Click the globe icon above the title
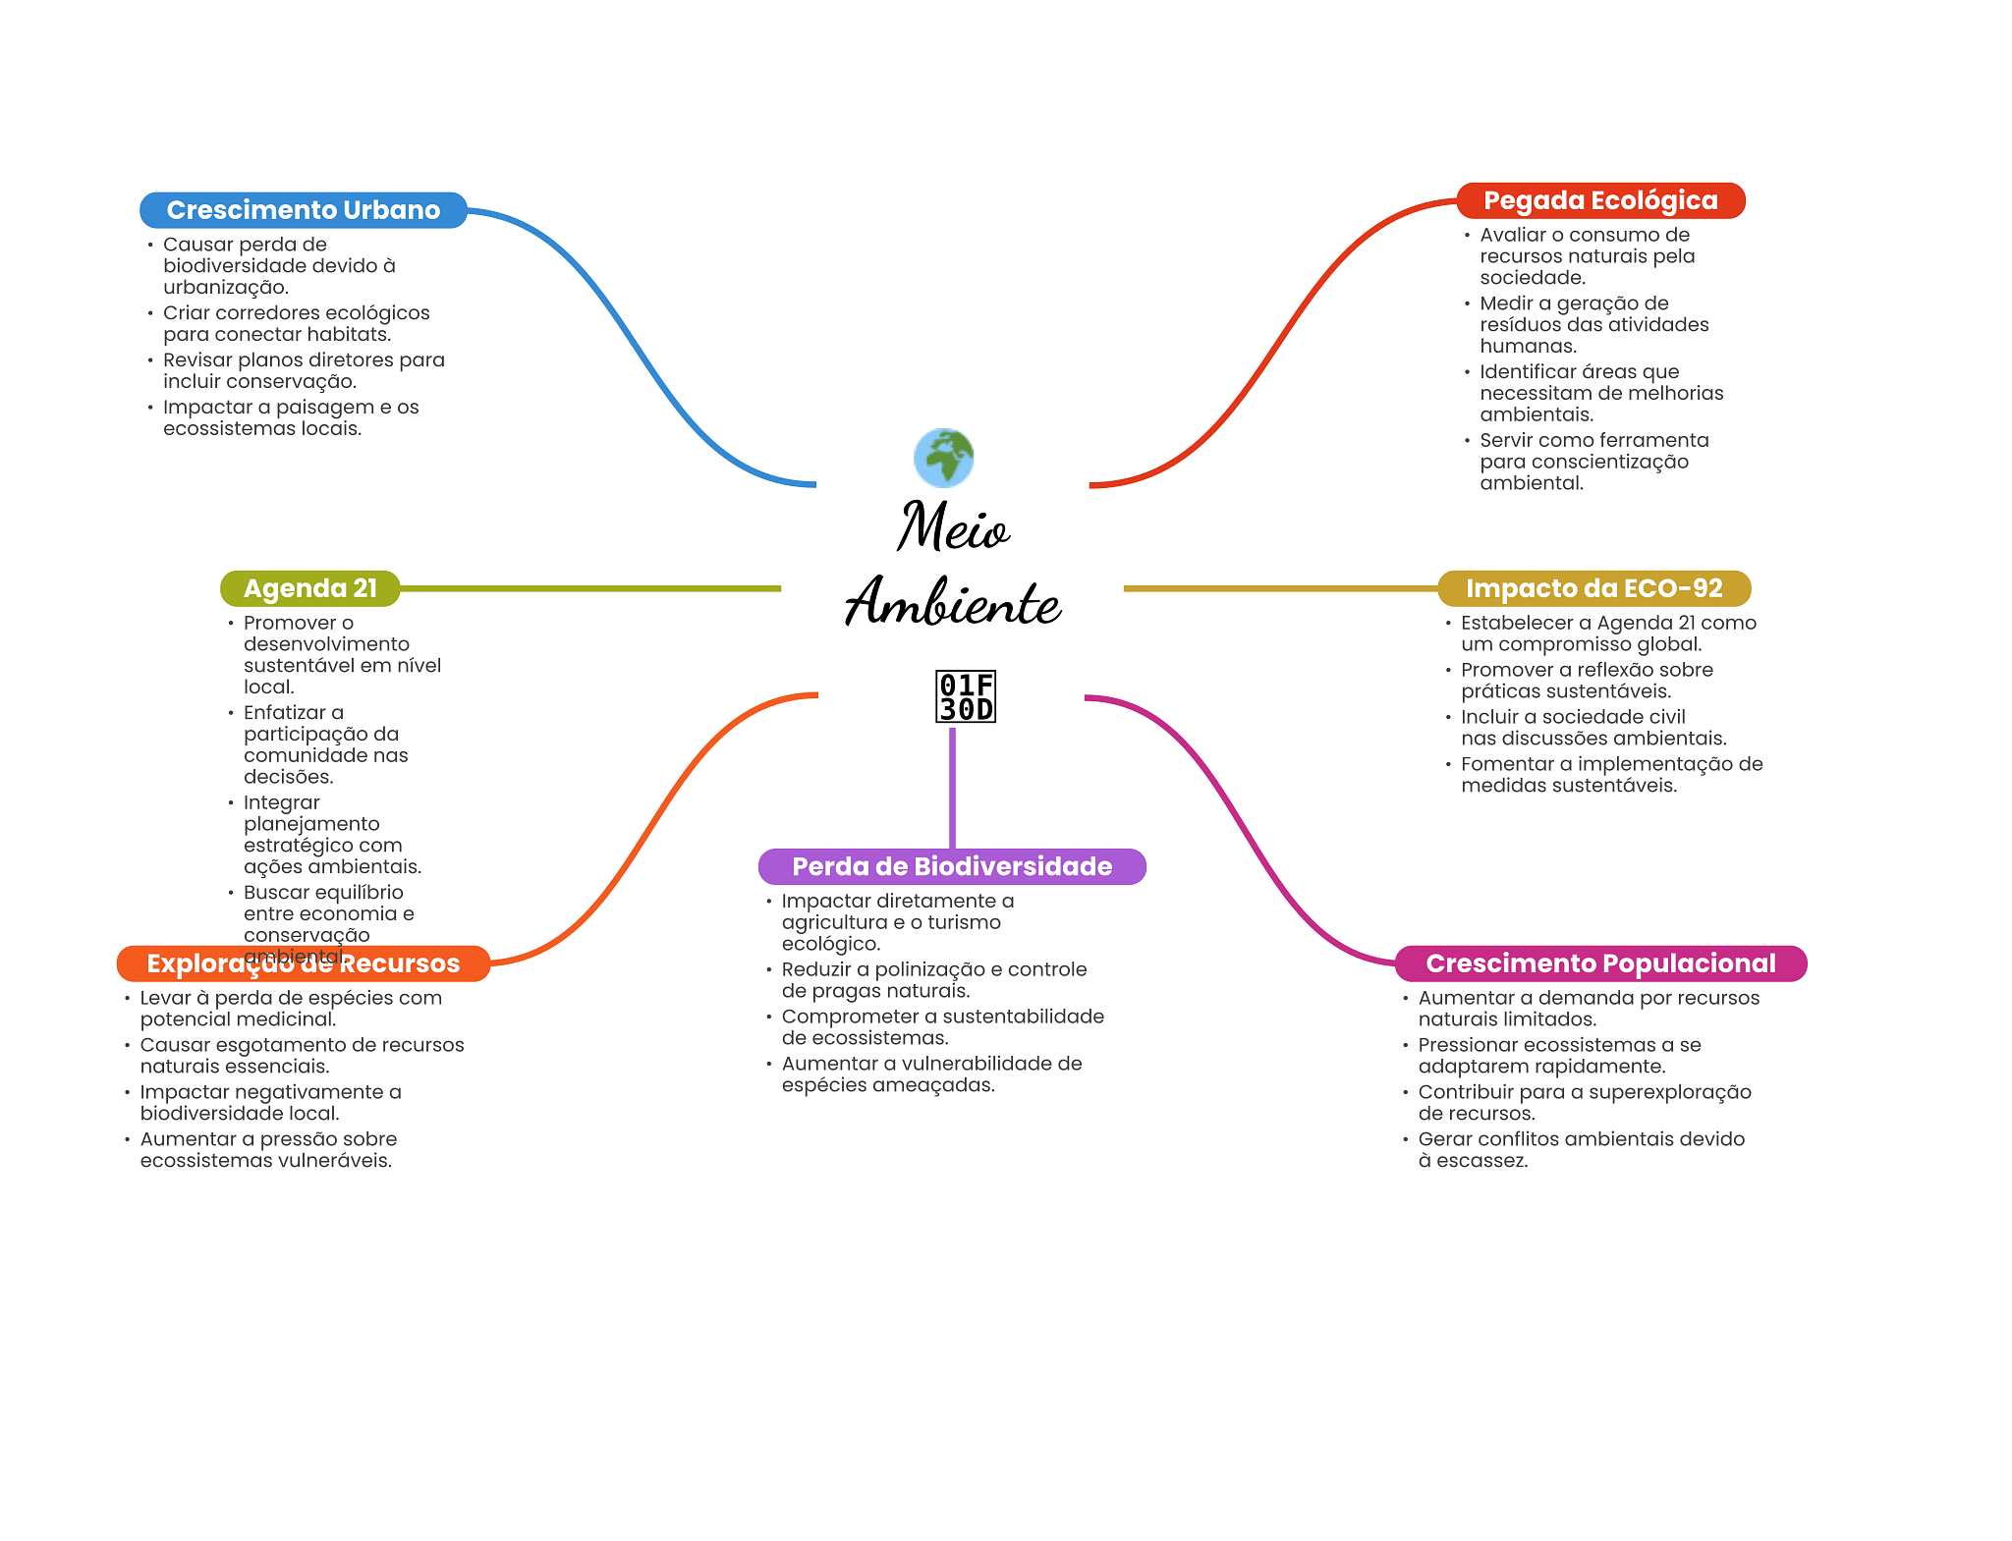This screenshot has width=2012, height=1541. coord(943,458)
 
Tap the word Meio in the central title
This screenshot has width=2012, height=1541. coord(952,527)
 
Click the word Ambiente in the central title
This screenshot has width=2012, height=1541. coord(953,601)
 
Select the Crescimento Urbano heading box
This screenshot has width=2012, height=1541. coord(303,210)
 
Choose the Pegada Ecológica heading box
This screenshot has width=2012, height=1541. coord(1599,200)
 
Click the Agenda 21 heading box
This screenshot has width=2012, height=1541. coord(309,588)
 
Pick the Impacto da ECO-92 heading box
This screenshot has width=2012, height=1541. coord(1593,588)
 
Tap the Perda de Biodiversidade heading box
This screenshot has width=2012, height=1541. coord(951,866)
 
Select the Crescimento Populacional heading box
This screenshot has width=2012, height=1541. coord(1599,963)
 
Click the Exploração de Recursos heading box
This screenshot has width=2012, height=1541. coord(303,963)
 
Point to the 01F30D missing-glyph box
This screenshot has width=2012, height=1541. coord(966,697)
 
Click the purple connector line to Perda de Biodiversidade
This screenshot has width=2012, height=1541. coord(952,786)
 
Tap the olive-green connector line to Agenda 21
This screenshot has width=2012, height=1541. coord(589,588)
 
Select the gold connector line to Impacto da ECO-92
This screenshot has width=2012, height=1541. coord(1277,588)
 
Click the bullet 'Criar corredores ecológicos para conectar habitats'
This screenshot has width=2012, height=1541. coord(296,323)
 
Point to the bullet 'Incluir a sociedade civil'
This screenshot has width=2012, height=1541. coord(1593,727)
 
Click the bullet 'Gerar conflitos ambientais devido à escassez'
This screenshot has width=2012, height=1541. coord(1581,1149)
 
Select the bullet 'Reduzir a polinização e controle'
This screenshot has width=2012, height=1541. coord(933,979)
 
